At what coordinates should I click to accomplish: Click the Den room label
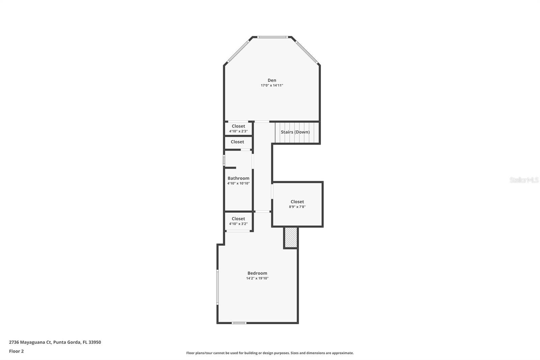coord(272,80)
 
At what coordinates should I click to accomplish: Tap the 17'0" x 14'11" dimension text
coord(272,85)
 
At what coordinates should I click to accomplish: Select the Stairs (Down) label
coord(295,132)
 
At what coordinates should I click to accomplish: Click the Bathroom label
coord(238,178)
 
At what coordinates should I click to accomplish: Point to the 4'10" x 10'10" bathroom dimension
coord(238,183)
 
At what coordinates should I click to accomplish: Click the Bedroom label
coord(257,273)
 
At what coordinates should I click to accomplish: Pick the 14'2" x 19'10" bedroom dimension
coord(257,278)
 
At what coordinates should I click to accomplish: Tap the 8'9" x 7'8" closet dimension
coord(297,207)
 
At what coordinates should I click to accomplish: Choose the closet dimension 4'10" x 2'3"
coord(238,131)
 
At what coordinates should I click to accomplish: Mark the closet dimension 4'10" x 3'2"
coord(238,224)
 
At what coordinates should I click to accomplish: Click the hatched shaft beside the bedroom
coord(291,237)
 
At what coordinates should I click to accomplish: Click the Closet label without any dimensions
coord(237,142)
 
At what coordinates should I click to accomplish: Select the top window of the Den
coord(272,37)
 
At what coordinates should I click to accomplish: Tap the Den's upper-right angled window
coord(307,52)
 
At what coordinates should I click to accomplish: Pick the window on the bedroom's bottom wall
coord(239,323)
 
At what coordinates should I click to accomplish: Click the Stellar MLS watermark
coord(524,180)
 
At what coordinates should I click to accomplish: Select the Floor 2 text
coord(16,351)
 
